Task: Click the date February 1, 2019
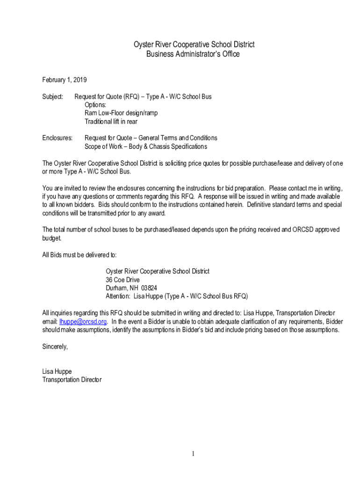[65, 80]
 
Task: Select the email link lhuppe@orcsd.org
[83, 321]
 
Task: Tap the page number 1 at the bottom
[192, 454]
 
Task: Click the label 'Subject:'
[52, 97]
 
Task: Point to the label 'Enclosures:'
[58, 138]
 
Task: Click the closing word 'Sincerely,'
[55, 347]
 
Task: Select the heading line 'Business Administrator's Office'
[193, 54]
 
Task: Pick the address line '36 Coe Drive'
[122, 280]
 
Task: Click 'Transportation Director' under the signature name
[72, 380]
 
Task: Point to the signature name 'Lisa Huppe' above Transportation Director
[57, 371]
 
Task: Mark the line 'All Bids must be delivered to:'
[79, 255]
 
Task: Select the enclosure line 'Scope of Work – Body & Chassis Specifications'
[145, 146]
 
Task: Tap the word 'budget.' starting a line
[52, 238]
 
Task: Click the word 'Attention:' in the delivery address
[118, 297]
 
